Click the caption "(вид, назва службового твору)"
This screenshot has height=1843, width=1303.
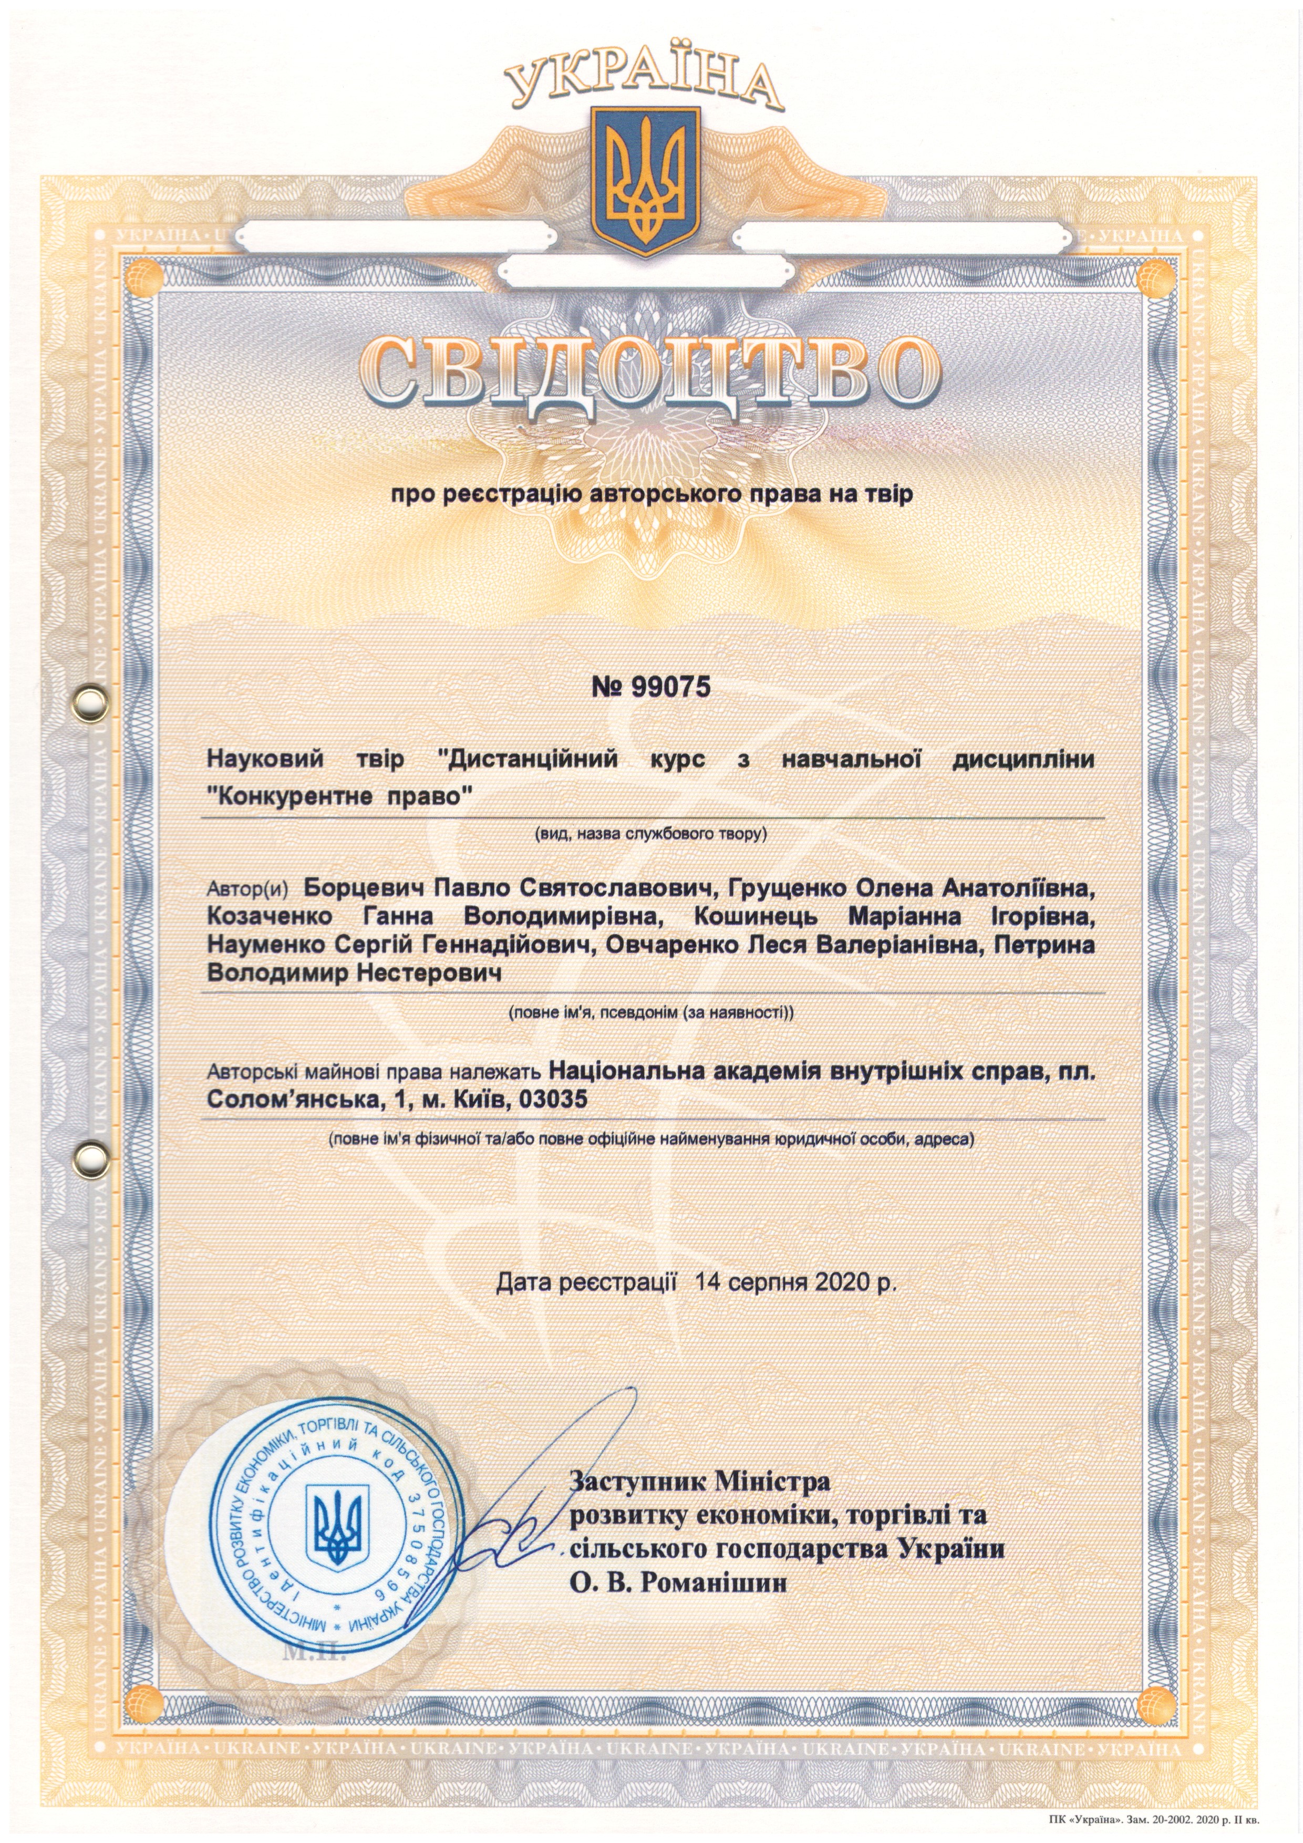[x=651, y=835]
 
